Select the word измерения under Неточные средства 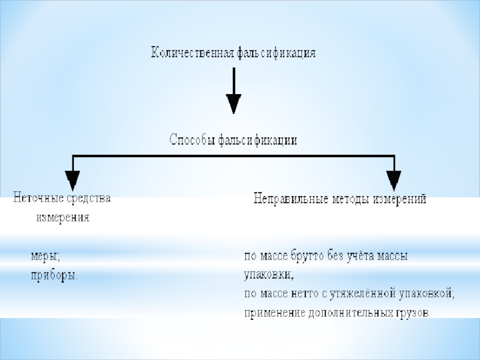63,218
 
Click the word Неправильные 290,199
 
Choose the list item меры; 46,256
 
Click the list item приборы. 54,275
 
